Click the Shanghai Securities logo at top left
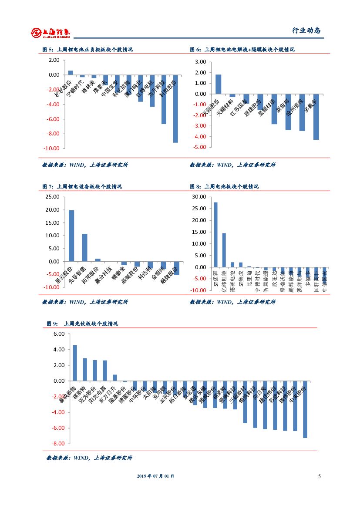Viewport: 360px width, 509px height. [x=51, y=32]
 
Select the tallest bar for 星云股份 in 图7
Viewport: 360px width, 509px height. [x=71, y=236]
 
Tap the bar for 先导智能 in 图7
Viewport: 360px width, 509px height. [x=84, y=247]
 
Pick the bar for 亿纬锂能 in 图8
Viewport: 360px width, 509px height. [x=224, y=250]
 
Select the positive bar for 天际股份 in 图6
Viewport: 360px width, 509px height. [x=218, y=84]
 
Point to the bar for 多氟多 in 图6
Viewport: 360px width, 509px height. [x=316, y=117]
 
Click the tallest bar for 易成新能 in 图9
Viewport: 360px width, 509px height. [x=75, y=363]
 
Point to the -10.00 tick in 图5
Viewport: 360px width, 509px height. [x=52, y=148]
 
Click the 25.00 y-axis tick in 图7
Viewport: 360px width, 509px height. [x=52, y=197]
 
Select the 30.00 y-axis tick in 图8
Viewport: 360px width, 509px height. [x=199, y=197]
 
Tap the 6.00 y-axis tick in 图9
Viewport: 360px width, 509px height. [x=58, y=334]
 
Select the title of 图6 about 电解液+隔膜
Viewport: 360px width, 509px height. [x=242, y=50]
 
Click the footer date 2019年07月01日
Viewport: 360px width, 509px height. [x=155, y=476]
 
